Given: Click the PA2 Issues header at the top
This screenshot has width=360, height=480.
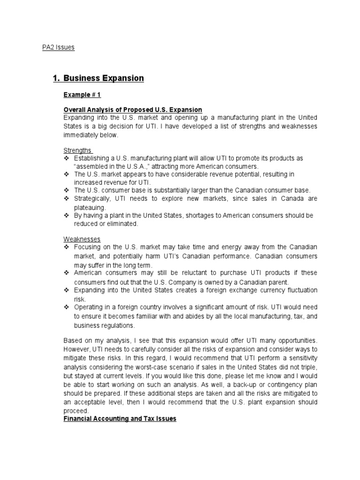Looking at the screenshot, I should pyautogui.click(x=56, y=47).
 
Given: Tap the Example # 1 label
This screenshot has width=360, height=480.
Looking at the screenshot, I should pyautogui.click(x=82, y=95).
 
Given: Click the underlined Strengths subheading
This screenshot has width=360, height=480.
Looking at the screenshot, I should pyautogui.click(x=78, y=150).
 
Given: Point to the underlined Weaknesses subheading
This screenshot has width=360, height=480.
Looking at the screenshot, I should pyautogui.click(x=82, y=239).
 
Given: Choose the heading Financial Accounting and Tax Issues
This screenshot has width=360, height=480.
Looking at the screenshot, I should pyautogui.click(x=120, y=419).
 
